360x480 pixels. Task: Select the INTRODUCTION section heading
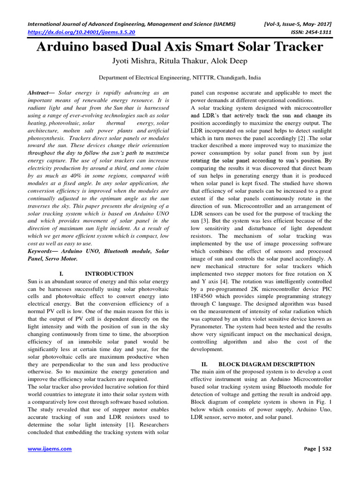[109, 274]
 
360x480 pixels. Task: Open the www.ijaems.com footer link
[50, 449]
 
